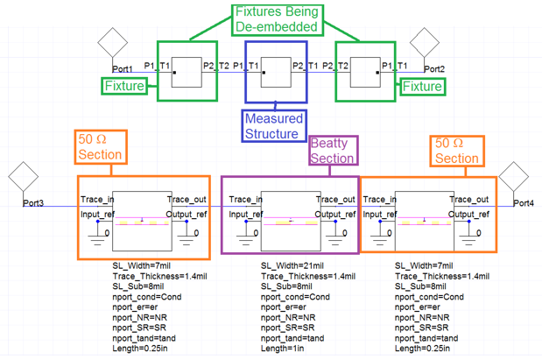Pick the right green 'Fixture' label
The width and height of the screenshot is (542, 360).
[421, 86]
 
